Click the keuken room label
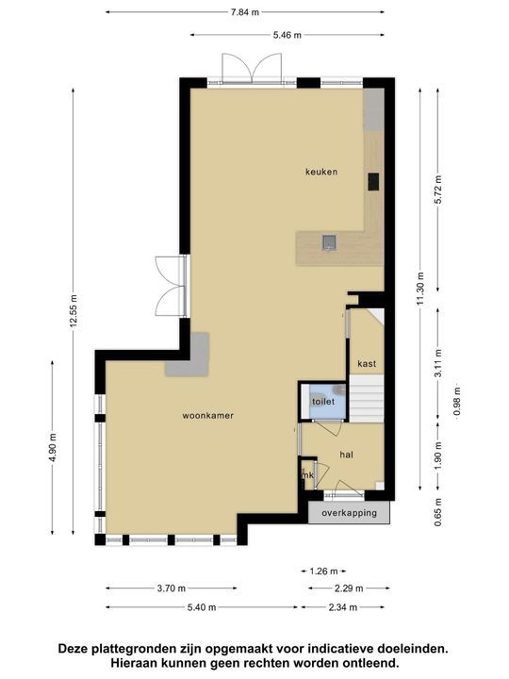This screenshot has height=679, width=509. click(x=320, y=172)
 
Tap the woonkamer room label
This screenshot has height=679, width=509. click(x=209, y=415)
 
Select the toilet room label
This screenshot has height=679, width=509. click(x=323, y=402)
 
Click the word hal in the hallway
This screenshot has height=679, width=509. click(x=346, y=455)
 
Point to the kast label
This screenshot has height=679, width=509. click(x=367, y=363)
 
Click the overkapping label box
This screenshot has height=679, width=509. click(x=349, y=513)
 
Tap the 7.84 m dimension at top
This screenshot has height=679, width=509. click(x=246, y=12)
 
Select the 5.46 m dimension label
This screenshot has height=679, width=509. click(x=287, y=35)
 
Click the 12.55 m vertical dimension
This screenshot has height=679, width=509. click(x=73, y=311)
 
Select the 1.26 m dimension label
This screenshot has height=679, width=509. click(x=323, y=571)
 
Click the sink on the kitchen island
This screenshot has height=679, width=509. click(x=329, y=243)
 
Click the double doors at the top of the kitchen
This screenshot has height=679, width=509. click(x=252, y=68)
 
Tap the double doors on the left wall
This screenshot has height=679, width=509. click(x=172, y=287)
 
